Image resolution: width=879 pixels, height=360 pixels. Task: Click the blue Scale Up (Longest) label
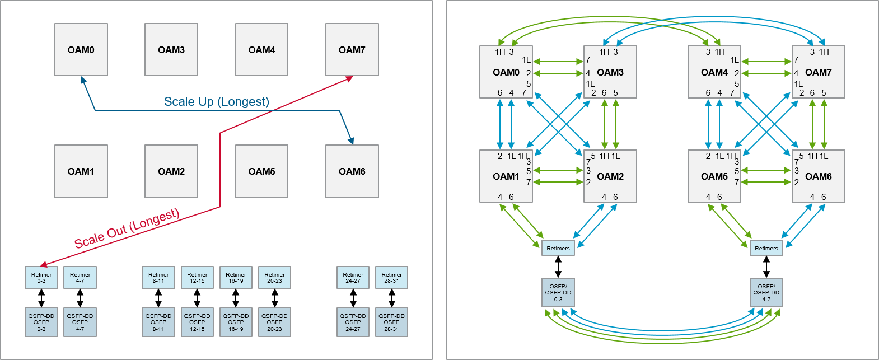[216, 102]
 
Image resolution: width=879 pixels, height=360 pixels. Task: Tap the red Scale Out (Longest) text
[127, 228]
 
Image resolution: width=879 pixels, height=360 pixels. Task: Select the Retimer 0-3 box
[41, 278]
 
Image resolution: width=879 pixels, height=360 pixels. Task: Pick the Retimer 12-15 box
[197, 278]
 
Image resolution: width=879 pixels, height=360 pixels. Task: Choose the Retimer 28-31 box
[391, 278]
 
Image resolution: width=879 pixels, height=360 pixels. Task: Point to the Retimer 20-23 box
[274, 278]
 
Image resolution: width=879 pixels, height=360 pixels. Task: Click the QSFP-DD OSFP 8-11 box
[158, 322]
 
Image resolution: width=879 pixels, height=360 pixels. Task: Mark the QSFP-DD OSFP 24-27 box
[353, 322]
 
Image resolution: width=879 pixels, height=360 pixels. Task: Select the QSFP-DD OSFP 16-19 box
[236, 322]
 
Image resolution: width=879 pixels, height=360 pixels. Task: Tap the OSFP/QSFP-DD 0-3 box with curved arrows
[558, 293]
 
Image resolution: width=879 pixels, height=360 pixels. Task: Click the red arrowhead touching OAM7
[349, 79]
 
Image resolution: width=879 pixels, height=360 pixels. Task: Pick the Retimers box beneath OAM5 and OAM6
[766, 248]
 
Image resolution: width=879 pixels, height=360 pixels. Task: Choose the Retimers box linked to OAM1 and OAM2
[558, 248]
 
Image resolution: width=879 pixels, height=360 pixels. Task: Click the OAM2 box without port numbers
[171, 171]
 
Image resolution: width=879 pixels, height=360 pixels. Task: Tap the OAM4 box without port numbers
[261, 50]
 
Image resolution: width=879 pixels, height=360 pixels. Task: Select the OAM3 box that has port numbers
[610, 72]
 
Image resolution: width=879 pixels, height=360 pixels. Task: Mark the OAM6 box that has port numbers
[818, 176]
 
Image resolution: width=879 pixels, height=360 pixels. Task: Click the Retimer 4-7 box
[80, 278]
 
